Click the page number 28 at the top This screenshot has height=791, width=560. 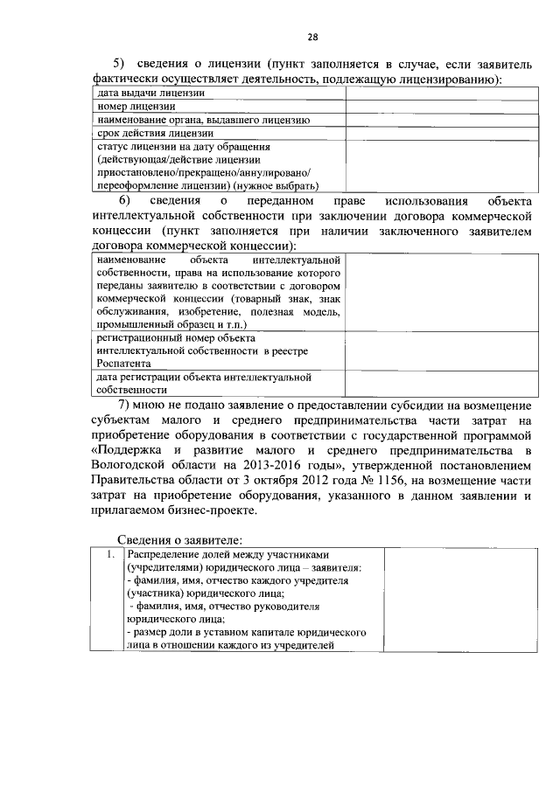(x=312, y=36)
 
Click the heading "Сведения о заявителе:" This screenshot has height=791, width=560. (x=180, y=538)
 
